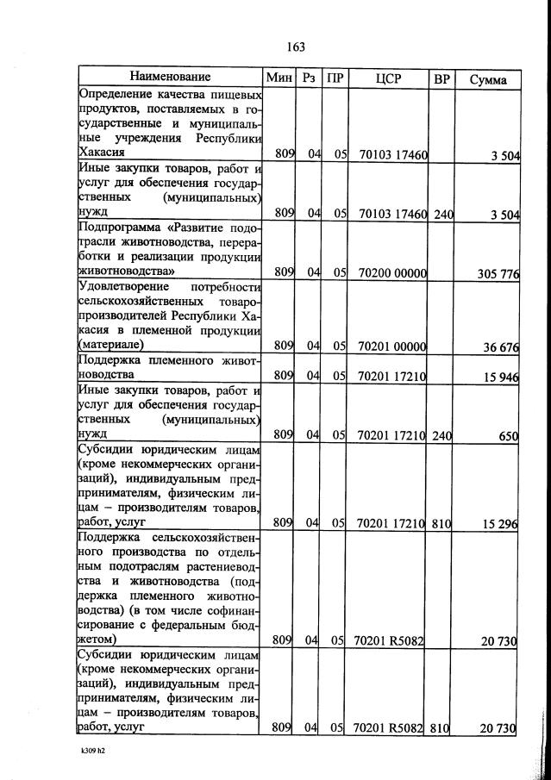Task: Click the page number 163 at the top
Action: pyautogui.click(x=296, y=47)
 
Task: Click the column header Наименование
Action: pyautogui.click(x=171, y=78)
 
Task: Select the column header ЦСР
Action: pyautogui.click(x=389, y=79)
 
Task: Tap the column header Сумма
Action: pyautogui.click(x=488, y=79)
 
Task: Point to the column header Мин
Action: pyautogui.click(x=280, y=78)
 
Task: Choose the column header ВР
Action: pyautogui.click(x=441, y=79)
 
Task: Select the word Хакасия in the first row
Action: pyautogui.click(x=102, y=152)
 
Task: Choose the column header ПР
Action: pyautogui.click(x=335, y=79)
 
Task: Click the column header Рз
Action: pyautogui.click(x=310, y=79)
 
